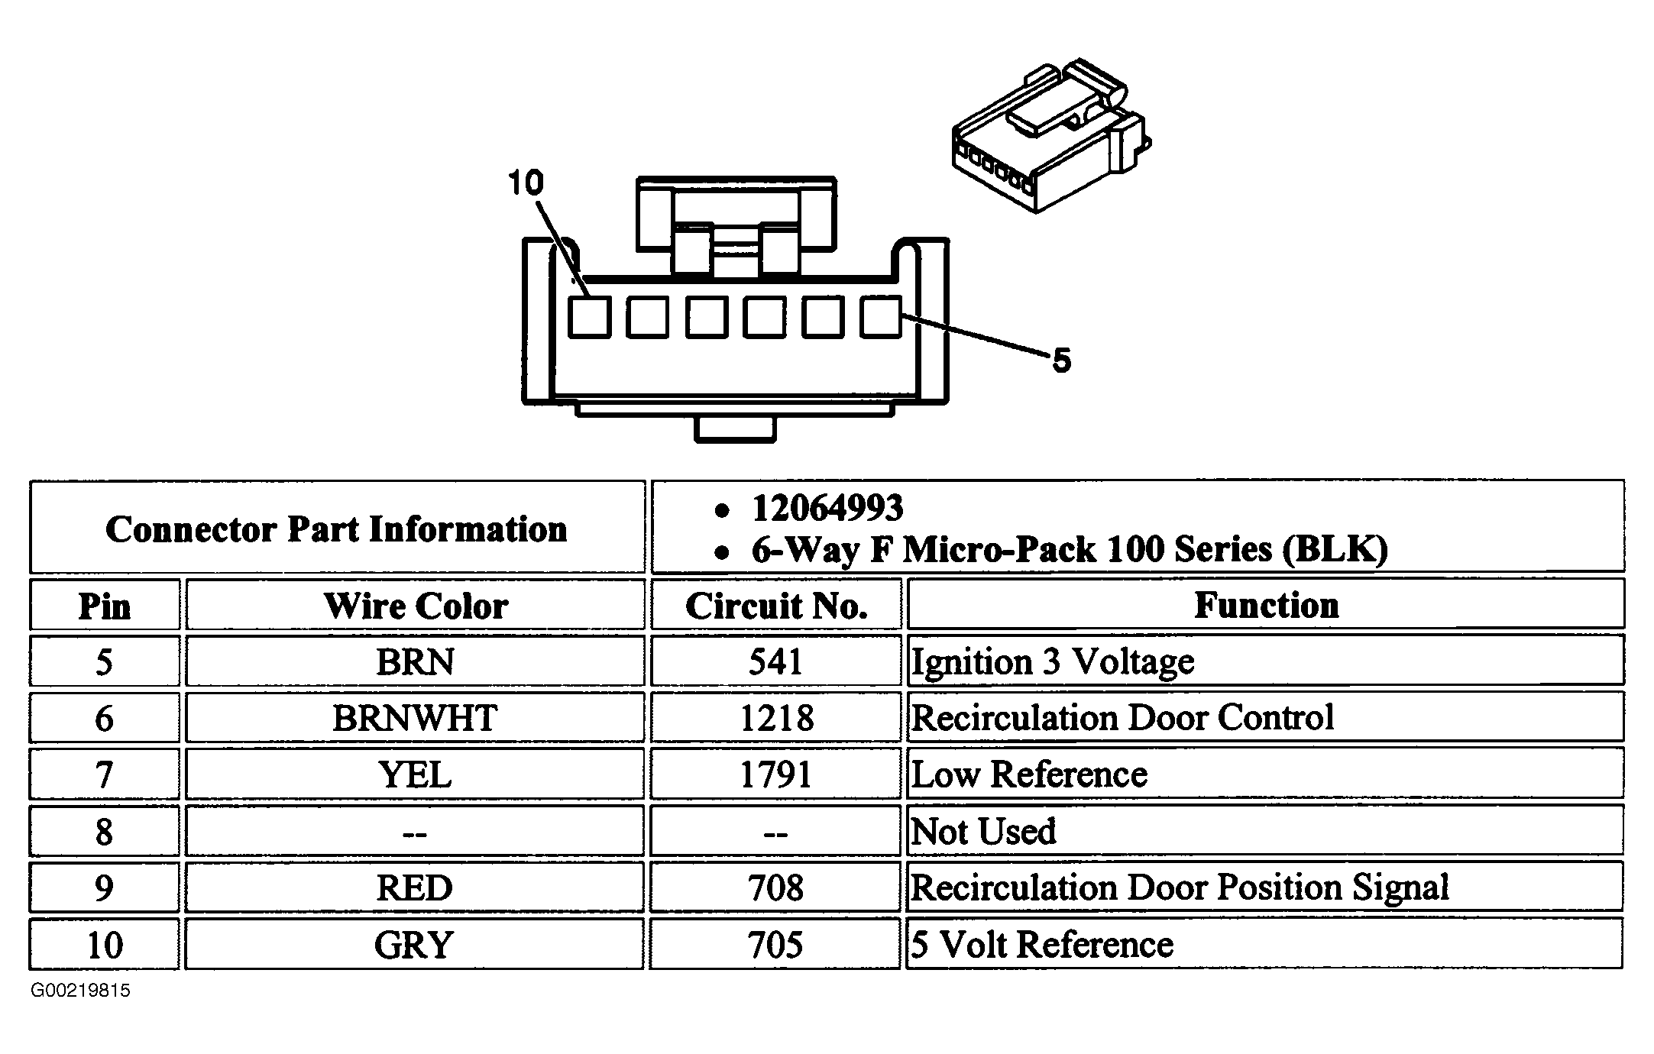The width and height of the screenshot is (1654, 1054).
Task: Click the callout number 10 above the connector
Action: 526,183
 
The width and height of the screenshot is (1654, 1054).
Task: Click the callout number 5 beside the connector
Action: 1061,360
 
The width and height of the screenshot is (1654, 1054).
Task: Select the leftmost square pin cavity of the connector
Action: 589,316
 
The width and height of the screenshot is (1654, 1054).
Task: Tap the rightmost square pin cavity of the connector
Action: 880,316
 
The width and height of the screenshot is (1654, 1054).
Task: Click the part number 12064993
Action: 827,508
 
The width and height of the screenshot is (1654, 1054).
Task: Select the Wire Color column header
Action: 416,606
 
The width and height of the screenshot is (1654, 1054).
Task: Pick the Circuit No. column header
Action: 776,606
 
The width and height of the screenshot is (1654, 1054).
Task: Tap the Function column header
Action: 1267,605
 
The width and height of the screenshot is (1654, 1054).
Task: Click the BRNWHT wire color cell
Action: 415,718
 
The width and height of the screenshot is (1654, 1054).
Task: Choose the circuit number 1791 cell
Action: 776,774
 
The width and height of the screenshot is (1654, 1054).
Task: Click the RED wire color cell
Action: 415,887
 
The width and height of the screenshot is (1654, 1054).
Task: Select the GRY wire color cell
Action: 414,945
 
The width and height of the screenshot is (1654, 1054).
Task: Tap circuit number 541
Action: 776,661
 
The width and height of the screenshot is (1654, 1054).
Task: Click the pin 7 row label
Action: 104,774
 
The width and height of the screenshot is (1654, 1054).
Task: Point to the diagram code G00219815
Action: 81,991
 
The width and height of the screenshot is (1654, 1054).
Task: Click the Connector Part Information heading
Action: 336,529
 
